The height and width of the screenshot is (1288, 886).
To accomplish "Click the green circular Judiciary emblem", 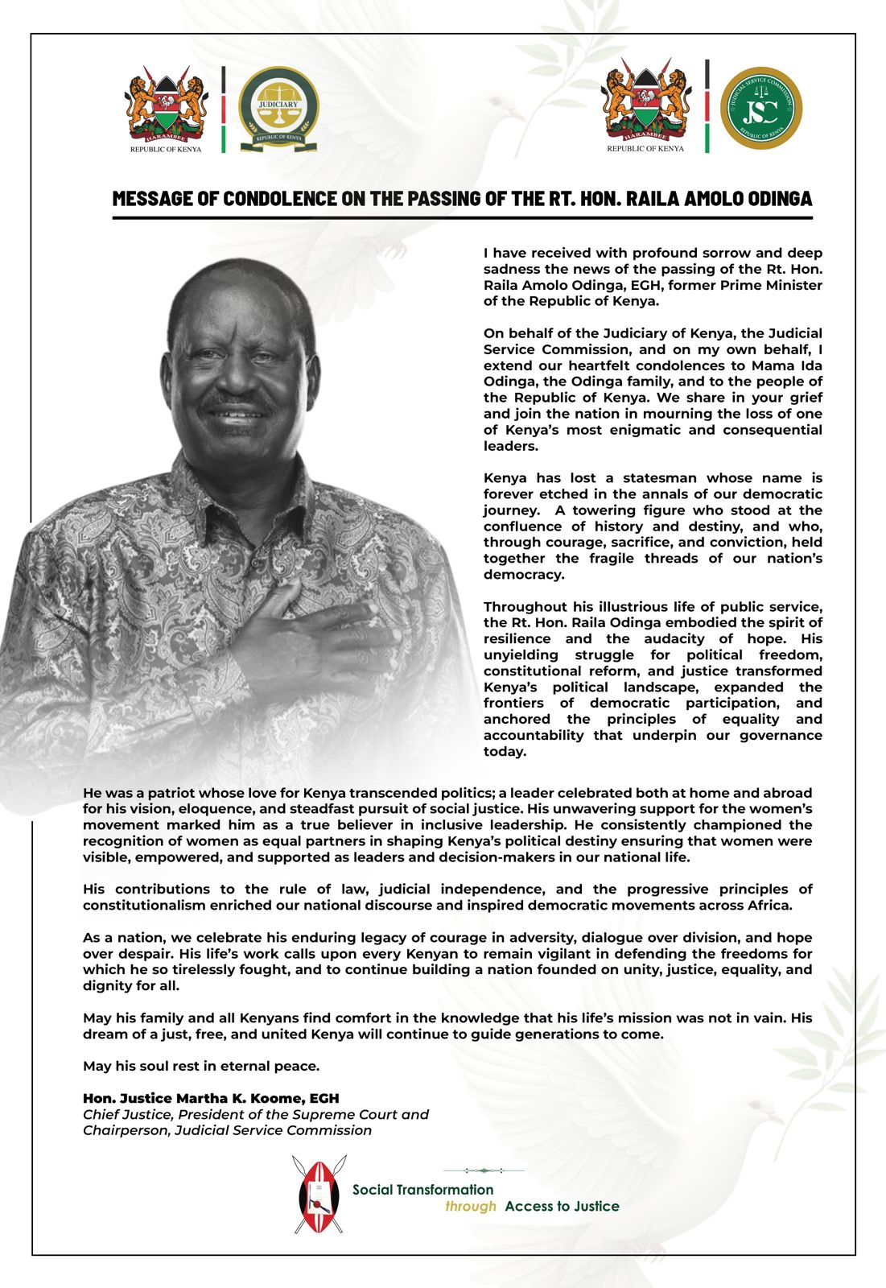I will point(278,108).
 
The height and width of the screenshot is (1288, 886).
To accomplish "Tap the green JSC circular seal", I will point(760,108).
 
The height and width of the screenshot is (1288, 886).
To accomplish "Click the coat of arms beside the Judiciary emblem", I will point(166,108).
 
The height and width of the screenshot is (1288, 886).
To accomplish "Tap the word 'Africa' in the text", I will point(769,906).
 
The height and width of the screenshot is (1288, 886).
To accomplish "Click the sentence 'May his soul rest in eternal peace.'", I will point(201,1067).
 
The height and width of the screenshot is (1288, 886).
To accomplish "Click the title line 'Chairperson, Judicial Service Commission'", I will point(227,1130).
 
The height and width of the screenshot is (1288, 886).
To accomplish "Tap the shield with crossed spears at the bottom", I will point(319,1194).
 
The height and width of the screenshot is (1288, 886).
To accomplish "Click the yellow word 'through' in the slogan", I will point(471,1207).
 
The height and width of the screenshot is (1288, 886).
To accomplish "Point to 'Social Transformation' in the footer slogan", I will point(422,1190).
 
